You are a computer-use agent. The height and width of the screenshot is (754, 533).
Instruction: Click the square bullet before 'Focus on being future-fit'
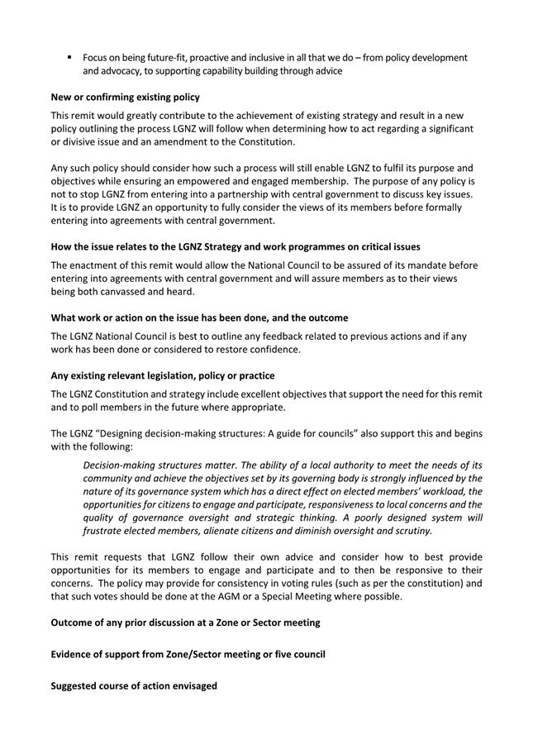tap(70, 57)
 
